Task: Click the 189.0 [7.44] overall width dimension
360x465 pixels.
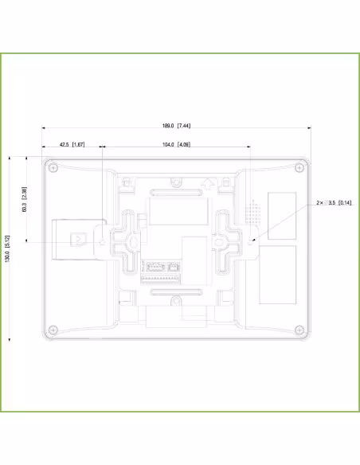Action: pos(177,126)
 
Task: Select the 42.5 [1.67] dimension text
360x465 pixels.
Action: pos(72,145)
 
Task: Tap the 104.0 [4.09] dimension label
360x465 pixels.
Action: pos(176,145)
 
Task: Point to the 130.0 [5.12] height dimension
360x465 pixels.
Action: pos(7,247)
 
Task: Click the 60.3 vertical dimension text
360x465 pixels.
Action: pos(24,198)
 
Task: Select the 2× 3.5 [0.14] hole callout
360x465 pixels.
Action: pos(334,203)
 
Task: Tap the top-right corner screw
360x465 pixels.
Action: pos(299,167)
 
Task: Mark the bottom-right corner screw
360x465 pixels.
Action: pos(299,330)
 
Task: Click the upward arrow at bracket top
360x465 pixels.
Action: pos(207,182)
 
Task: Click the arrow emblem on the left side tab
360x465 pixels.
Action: pos(78,239)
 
